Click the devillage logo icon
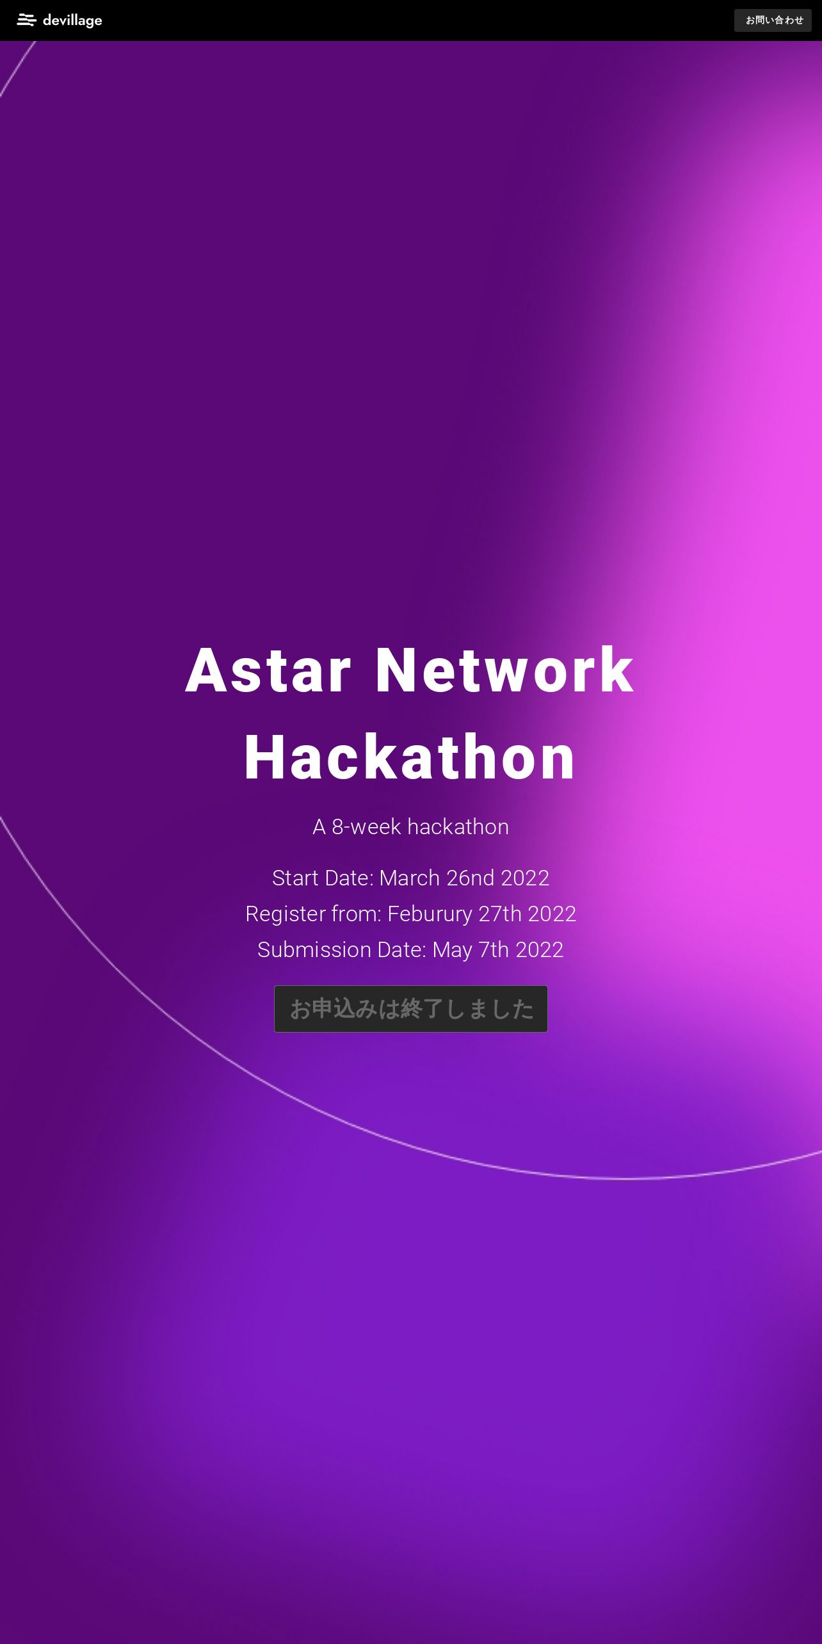pyautogui.click(x=26, y=20)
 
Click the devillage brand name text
pyautogui.click(x=72, y=20)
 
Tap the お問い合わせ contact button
pyautogui.click(x=773, y=20)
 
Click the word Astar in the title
pyautogui.click(x=269, y=670)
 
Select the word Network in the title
pyautogui.click(x=505, y=670)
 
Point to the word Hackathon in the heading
pyautogui.click(x=410, y=758)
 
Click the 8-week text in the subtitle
pyautogui.click(x=366, y=826)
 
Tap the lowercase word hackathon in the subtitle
pyautogui.click(x=458, y=826)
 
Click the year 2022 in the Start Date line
pyautogui.click(x=526, y=878)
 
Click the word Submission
pyautogui.click(x=314, y=949)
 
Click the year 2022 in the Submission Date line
pyautogui.click(x=540, y=949)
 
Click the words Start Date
pyautogui.click(x=323, y=878)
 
